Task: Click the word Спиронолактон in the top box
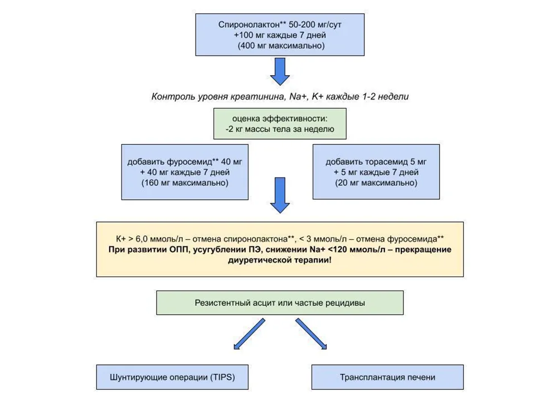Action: click(249, 24)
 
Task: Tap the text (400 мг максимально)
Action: click(281, 46)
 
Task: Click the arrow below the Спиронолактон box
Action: click(280, 72)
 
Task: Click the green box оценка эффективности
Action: click(280, 123)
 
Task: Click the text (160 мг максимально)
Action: click(185, 183)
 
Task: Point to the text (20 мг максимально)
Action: click(376, 183)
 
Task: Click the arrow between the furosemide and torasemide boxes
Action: click(280, 195)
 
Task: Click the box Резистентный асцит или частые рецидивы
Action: click(280, 303)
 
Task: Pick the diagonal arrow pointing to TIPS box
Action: click(249, 334)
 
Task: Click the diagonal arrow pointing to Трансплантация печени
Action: click(311, 334)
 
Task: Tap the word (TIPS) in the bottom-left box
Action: click(222, 377)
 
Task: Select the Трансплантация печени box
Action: click(387, 377)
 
